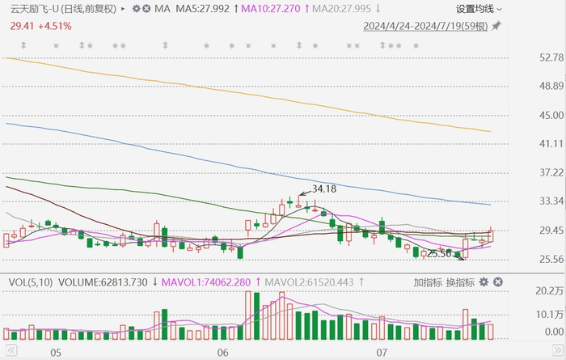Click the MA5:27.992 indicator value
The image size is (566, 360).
coord(202,9)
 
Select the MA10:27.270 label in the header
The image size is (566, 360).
coord(271,9)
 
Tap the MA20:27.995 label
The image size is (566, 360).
coord(341,9)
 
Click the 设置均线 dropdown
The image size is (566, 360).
coord(479,9)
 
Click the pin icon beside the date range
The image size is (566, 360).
coord(496,26)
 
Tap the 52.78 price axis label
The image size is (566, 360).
coord(551,57)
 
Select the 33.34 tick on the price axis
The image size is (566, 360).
coord(551,201)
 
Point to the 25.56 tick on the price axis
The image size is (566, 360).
coord(551,259)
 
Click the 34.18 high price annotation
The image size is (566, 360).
coord(324,188)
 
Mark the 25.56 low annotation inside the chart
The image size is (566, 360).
coord(439,254)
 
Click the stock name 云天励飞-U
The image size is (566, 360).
coord(34,9)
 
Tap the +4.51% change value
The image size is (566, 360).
coord(55,26)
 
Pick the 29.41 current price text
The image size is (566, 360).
coord(22,26)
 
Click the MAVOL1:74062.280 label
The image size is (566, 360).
coord(205,282)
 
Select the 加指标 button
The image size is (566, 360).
coord(428,282)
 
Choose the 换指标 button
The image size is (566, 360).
coord(460,282)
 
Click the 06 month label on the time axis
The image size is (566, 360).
coord(222,353)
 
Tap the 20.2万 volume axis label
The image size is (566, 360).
coord(550,291)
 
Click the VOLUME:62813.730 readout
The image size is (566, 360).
coord(103,282)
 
